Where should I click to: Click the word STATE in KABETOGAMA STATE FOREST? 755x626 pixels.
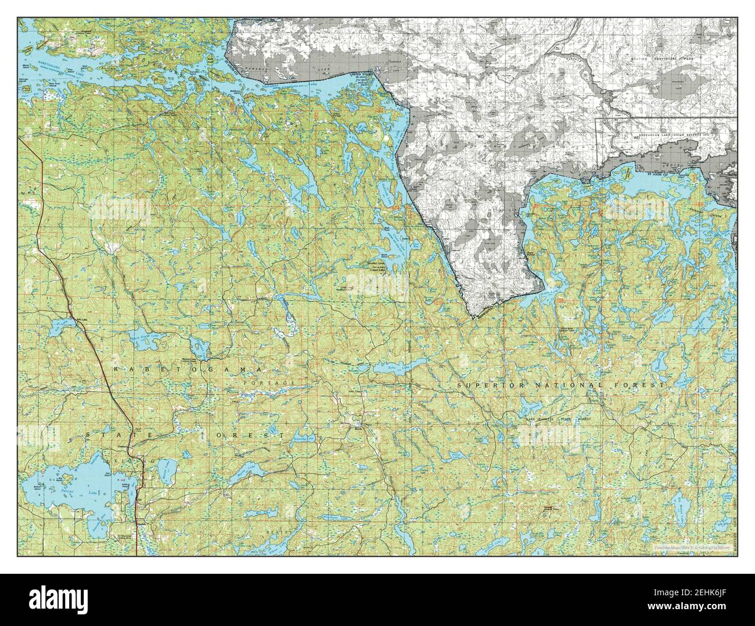point(116,435)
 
